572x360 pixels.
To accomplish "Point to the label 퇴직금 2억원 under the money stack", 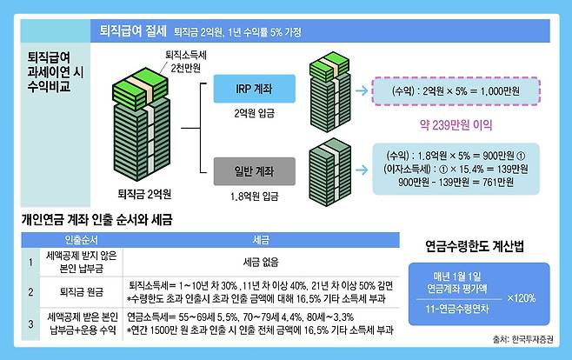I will coord(145,192).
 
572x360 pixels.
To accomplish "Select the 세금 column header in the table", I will coord(259,237).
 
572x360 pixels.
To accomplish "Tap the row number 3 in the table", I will coord(30,323).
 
